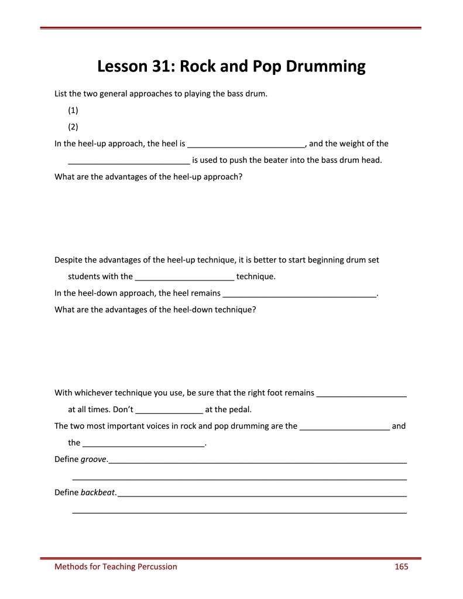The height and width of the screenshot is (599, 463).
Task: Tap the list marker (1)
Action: coord(73,110)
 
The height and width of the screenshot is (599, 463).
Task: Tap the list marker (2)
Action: coord(73,126)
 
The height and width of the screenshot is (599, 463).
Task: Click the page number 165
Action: coord(401,566)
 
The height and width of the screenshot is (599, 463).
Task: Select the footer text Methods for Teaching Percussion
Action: coord(115,566)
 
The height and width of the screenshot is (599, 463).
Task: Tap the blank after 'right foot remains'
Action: coord(361,393)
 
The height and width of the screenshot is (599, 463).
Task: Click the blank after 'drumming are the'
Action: coord(345,426)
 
